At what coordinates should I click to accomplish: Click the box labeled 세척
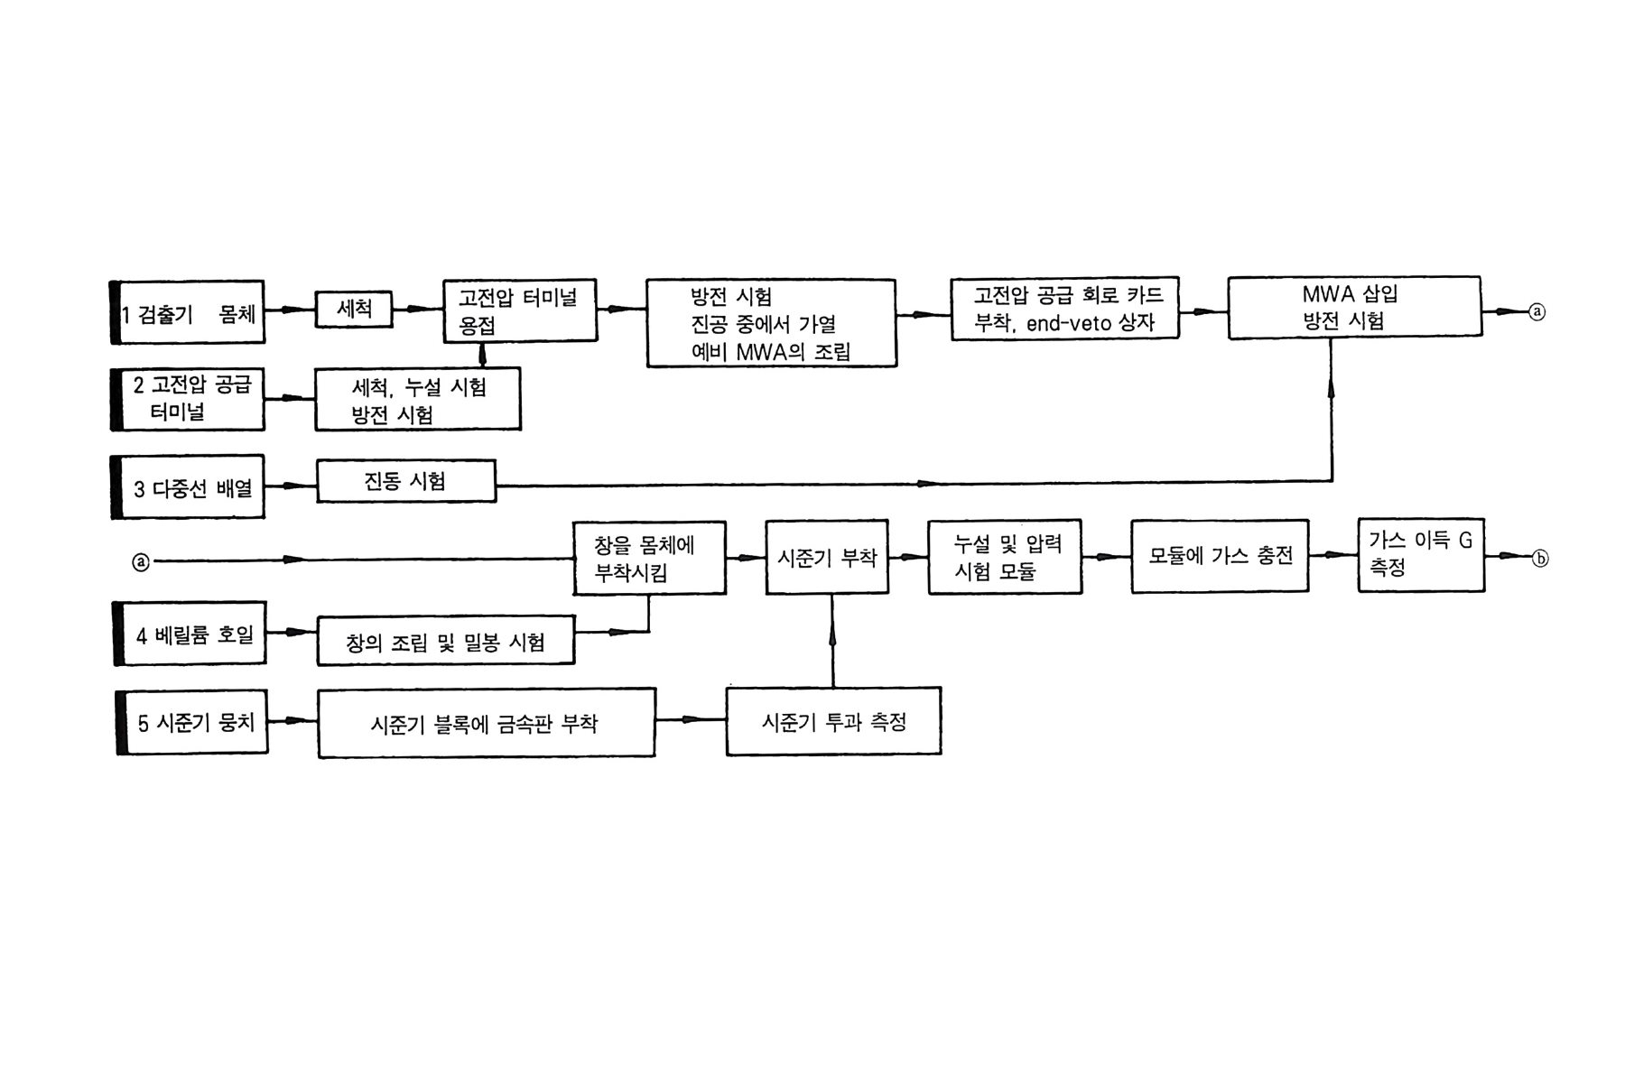[x=353, y=310]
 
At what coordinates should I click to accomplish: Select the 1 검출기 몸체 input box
[x=189, y=312]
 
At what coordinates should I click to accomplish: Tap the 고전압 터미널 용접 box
[x=519, y=310]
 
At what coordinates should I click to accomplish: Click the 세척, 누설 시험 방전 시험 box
[x=417, y=399]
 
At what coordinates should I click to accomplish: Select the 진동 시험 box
[x=405, y=481]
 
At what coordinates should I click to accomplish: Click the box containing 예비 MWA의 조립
[x=771, y=323]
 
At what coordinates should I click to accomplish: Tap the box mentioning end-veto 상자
[x=1064, y=309]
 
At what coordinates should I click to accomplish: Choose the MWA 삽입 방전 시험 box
[x=1353, y=308]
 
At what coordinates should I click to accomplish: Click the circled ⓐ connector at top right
[x=1537, y=311]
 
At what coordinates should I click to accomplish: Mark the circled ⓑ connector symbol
[x=1540, y=559]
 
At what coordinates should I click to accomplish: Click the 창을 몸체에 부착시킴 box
[x=649, y=558]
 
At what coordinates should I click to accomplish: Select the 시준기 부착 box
[x=826, y=557]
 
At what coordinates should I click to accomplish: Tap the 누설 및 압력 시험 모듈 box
[x=1005, y=557]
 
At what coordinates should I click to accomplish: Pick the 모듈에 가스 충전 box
[x=1220, y=556]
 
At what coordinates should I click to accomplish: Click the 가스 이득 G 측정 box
[x=1420, y=554]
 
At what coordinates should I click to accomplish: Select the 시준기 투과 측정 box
[x=833, y=721]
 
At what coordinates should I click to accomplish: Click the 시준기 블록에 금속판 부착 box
[x=486, y=723]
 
